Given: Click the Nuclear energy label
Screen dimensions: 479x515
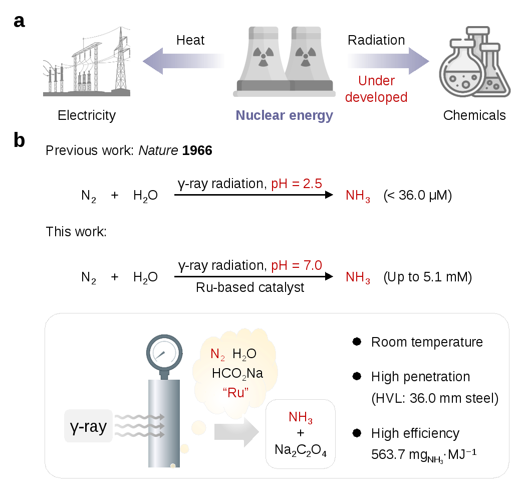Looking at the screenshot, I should point(284,115).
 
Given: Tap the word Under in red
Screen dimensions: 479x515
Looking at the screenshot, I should point(377,81).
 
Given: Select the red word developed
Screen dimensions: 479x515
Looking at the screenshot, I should point(376,97).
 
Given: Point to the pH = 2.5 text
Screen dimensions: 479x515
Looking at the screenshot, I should point(296,184).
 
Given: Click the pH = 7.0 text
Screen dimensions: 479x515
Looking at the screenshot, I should point(297,265).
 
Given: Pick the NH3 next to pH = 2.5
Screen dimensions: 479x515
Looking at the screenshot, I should point(358,196).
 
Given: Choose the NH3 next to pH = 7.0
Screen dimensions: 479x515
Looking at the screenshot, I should point(358,277).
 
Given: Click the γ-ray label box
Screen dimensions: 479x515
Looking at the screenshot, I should point(89,426).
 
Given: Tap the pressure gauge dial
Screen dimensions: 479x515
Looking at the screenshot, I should point(164,353).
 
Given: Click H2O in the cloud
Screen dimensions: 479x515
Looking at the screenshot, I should point(244,354).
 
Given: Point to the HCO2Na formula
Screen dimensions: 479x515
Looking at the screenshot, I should point(237,373).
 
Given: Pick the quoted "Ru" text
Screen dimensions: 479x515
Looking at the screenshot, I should point(235,392).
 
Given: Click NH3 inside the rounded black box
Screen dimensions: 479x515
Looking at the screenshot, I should point(301,417).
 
